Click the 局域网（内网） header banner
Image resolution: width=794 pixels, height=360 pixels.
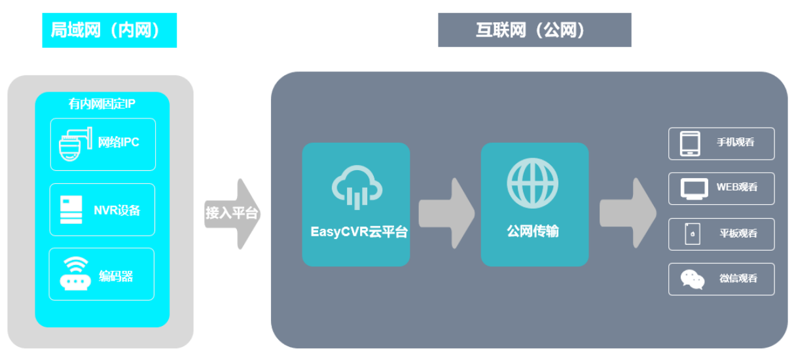[109, 31]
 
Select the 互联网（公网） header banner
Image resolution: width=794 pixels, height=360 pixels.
[534, 31]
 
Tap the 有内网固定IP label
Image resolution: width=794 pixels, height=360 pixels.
[102, 104]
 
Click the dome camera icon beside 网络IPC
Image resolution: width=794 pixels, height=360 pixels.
[72, 144]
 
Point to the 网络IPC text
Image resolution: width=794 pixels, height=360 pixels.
[118, 143]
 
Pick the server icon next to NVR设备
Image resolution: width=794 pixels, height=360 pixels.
[71, 209]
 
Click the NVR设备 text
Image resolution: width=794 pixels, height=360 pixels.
[117, 210]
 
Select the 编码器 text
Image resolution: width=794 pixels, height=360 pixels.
[116, 276]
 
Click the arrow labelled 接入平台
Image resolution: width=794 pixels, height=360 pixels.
[232, 213]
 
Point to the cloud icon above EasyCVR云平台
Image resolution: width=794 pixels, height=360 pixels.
[356, 187]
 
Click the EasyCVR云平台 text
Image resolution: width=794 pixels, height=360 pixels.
[359, 232]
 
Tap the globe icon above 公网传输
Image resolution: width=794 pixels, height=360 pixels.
[533, 181]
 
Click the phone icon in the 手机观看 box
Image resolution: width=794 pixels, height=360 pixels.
[690, 144]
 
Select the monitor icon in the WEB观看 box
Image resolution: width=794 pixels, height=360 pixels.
[694, 189]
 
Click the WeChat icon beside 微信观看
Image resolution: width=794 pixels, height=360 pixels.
[692, 279]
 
